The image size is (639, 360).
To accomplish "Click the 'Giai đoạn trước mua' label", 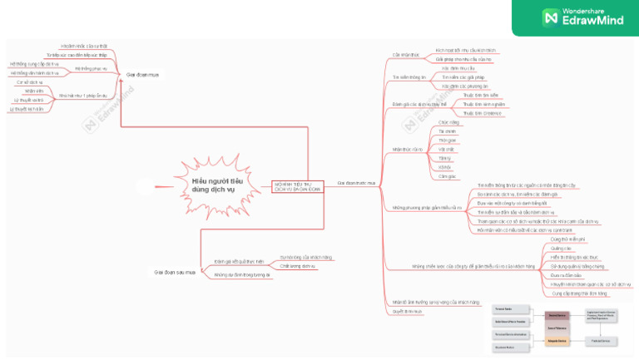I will tap(356, 182).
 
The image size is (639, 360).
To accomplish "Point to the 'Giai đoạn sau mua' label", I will tap(174, 271).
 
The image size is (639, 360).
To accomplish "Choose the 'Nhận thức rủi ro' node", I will tap(407, 150).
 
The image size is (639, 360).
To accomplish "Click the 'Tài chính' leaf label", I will tap(447, 131).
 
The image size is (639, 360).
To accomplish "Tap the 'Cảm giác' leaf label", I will tap(447, 176).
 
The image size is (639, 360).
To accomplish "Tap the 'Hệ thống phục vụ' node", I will tap(91, 68).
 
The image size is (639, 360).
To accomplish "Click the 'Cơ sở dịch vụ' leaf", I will tap(28, 82).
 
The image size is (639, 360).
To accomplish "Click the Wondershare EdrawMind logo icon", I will tap(550, 17).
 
